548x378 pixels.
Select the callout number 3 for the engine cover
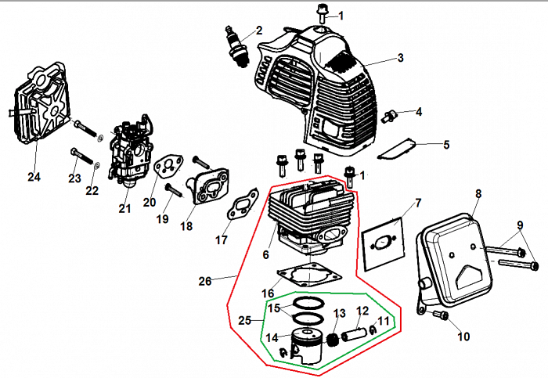tap(400, 58)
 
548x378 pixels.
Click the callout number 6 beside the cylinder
tap(266, 254)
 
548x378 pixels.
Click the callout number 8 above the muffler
tap(478, 193)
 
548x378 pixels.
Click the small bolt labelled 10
tap(439, 316)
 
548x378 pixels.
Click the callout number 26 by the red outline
tap(205, 281)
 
